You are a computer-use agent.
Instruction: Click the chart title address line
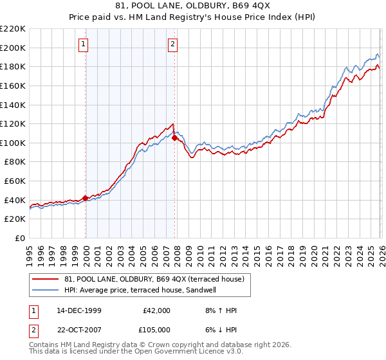[193, 7]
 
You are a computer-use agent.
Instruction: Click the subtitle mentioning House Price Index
[193, 18]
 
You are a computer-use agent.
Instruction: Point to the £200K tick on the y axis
[13, 48]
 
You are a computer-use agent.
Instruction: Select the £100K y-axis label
[13, 143]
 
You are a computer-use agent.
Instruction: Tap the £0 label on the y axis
[19, 238]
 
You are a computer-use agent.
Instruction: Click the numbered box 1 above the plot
[85, 44]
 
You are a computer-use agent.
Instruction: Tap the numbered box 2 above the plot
[173, 44]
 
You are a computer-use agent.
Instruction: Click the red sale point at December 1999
[85, 198]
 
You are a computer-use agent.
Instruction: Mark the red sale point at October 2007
[174, 138]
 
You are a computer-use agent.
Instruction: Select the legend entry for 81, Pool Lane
[154, 279]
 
